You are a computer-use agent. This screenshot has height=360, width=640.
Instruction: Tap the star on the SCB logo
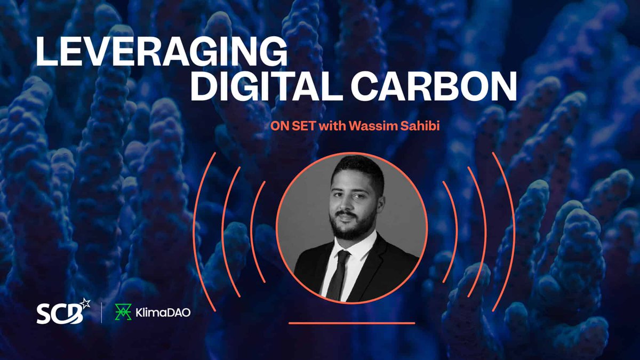point(85,305)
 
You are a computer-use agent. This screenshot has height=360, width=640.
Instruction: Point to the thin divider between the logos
point(102,313)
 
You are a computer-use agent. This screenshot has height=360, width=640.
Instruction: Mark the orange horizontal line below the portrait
point(352,323)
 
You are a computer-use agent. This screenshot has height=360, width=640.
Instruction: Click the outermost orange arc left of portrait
point(196,229)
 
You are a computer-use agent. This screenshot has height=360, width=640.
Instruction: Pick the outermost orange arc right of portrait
point(508,229)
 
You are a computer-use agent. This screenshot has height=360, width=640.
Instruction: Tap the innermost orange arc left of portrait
point(254,229)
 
